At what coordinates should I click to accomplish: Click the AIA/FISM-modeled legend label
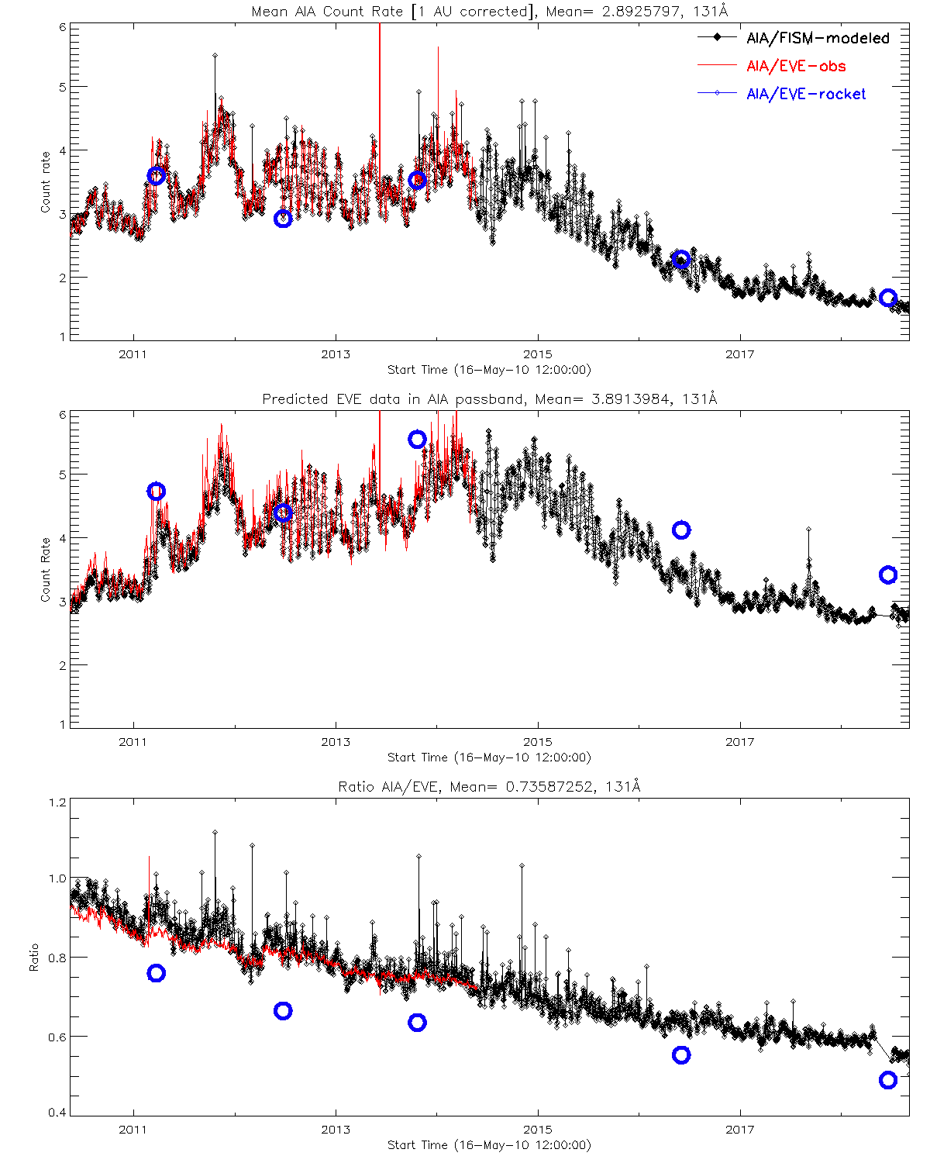(818, 38)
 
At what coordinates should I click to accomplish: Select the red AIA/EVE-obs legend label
(796, 66)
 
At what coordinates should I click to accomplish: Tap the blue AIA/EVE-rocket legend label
(806, 94)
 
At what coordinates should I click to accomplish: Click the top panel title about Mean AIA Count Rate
(490, 12)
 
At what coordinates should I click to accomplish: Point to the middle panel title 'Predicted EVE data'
(490, 399)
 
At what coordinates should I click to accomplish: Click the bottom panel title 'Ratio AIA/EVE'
(490, 787)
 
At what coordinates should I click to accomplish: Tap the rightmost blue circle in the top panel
(888, 298)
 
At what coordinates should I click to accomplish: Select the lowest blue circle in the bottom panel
(888, 1080)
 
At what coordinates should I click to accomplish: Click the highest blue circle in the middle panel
(417, 440)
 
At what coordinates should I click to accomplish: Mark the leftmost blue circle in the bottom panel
(156, 973)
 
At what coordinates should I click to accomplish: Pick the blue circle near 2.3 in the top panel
(681, 260)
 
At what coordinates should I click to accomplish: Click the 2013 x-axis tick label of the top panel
(336, 354)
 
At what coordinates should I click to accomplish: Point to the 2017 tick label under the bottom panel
(740, 1130)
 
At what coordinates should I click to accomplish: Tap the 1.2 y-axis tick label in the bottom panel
(57, 802)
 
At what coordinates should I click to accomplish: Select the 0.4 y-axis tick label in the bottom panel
(57, 1113)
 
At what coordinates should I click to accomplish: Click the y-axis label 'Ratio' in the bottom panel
(34, 958)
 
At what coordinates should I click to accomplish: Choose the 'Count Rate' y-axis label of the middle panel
(45, 570)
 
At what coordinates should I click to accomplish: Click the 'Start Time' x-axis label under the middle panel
(489, 758)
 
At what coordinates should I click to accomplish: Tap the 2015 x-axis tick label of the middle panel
(538, 742)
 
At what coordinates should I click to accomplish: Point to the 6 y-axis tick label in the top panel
(63, 26)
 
